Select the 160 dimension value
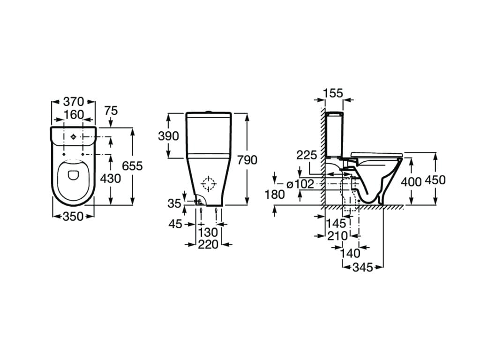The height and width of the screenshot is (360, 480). pos(74,114)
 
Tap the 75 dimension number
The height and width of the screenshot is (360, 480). pos(111,111)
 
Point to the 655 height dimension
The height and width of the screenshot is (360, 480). pos(132,166)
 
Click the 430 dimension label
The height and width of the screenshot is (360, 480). pos(110,178)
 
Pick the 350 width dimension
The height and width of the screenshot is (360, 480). pos(73,216)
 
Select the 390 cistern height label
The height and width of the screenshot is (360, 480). pos(169,136)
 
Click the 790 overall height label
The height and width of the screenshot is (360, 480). pos(247,160)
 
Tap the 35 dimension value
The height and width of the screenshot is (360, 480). pos(174,203)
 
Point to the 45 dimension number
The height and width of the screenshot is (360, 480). pos(175,224)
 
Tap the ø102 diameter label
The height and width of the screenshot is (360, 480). pos(300,184)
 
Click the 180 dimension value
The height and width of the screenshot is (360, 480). pos(275,195)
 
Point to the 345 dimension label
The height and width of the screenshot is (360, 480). pos(362,267)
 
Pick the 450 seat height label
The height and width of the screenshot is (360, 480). pos(435,180)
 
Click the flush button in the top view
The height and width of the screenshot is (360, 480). pos(73,137)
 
